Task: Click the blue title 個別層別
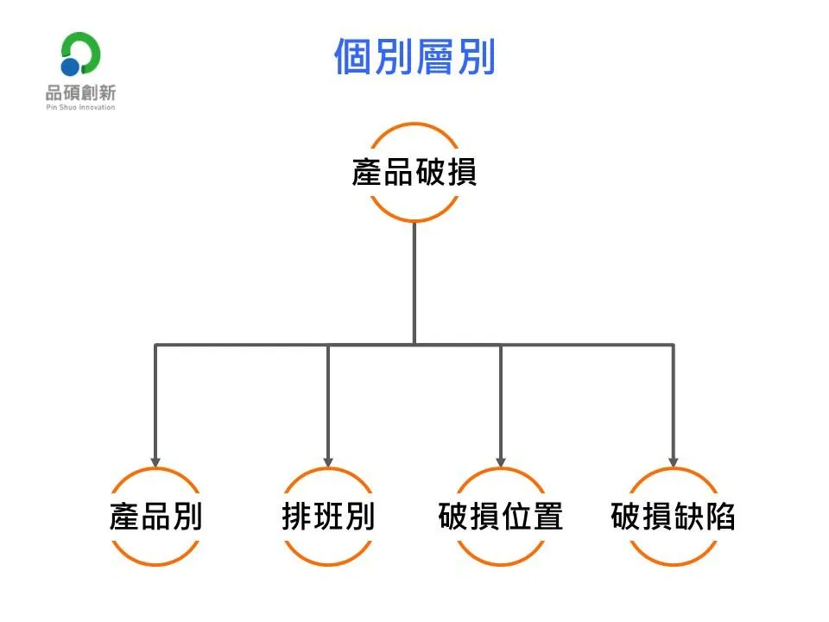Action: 415,57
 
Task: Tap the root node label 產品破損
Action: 414,172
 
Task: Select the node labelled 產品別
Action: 155,517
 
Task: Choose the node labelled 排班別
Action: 328,517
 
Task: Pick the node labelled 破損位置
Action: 501,517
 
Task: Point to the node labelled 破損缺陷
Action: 673,517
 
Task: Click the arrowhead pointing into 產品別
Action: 155,461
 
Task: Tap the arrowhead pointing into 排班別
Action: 328,461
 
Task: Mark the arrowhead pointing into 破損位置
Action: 501,461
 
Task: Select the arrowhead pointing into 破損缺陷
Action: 673,461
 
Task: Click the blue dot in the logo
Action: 70,67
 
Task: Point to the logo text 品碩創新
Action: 80,93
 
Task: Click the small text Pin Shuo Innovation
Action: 80,107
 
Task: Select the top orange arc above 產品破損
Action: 414,124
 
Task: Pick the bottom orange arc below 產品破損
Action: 414,219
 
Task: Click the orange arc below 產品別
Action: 155,564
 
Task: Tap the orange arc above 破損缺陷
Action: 673,469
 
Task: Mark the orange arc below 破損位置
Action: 501,564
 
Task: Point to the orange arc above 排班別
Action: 328,469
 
